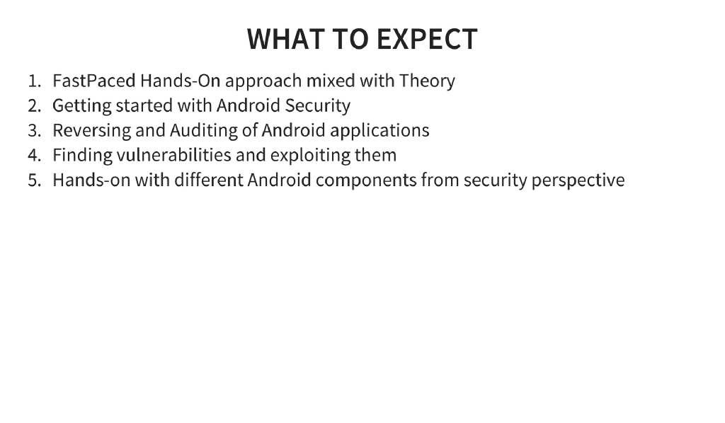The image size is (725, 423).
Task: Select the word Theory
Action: [427, 81]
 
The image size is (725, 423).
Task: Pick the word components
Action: [366, 181]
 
